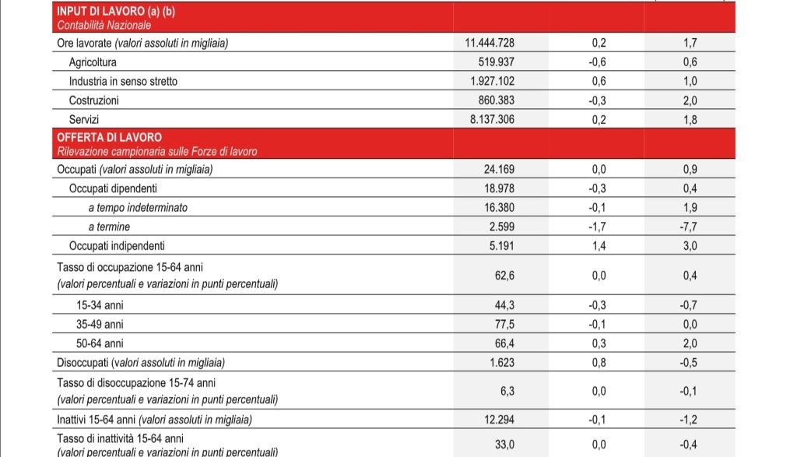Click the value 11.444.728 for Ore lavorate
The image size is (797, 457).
click(x=489, y=44)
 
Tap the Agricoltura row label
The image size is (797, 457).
click(x=93, y=62)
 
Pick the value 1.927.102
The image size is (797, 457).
click(x=491, y=82)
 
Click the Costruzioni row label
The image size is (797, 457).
click(x=93, y=100)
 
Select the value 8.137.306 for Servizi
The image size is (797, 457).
click(x=491, y=119)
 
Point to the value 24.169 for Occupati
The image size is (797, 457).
click(x=500, y=170)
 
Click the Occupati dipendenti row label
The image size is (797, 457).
click(x=113, y=188)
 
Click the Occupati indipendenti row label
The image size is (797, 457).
click(x=117, y=246)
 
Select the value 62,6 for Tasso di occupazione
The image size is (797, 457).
click(x=504, y=276)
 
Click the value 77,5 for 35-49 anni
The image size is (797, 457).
click(x=504, y=324)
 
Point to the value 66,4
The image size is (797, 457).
click(x=504, y=343)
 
